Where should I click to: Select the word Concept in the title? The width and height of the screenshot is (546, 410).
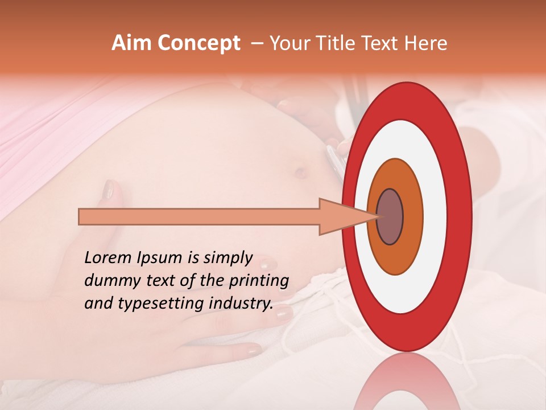click(199, 43)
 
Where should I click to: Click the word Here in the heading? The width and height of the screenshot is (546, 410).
click(427, 43)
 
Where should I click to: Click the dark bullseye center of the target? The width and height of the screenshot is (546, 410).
click(390, 216)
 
